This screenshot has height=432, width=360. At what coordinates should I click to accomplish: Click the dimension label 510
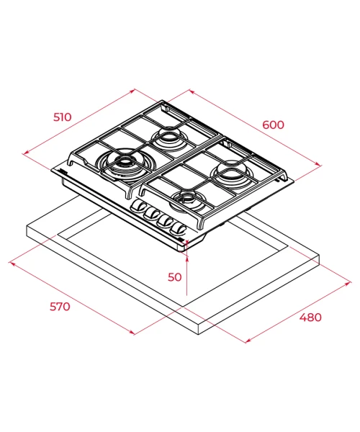62,117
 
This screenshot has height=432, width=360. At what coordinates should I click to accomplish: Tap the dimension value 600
273,125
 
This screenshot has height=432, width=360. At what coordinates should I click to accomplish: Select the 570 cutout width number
60,307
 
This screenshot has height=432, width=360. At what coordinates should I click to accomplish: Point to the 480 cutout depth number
310,317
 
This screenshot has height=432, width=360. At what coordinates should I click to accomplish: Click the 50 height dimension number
175,277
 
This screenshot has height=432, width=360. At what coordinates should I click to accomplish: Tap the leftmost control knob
139,206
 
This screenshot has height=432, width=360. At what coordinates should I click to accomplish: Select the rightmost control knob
179,228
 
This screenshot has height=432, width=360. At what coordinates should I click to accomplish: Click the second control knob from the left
153,213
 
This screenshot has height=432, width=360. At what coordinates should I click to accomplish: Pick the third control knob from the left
166,220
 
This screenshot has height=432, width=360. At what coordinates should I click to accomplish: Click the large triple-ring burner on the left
125,165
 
